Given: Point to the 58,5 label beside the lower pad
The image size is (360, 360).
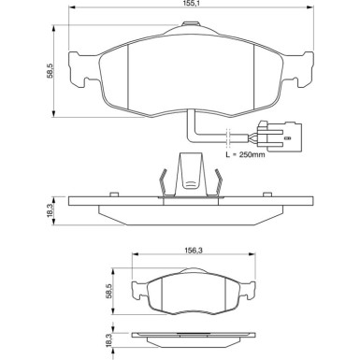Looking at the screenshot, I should pyautogui.click(x=108, y=292).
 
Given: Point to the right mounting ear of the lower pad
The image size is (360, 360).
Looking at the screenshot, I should pyautogui.click(x=251, y=287).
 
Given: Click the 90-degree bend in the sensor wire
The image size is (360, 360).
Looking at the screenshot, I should pyautogui.click(x=192, y=133).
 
